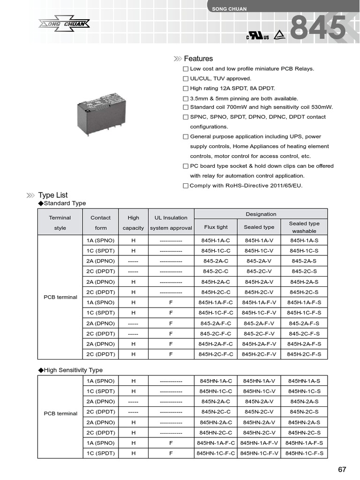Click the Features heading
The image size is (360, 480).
[x=198, y=59]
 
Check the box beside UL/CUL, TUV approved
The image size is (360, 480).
[x=186, y=79]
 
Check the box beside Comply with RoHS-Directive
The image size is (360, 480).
[x=186, y=186]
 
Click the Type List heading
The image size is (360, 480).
[x=53, y=195]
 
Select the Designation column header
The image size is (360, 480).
[x=261, y=214]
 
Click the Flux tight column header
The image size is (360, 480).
[x=216, y=227]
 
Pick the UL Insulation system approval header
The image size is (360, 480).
[x=171, y=223]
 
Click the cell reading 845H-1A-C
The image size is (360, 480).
[x=216, y=240]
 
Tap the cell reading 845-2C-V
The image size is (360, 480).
[x=259, y=271]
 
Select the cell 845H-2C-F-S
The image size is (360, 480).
[x=304, y=354]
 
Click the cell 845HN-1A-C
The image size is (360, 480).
[x=216, y=381]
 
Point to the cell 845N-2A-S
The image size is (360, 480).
[x=304, y=402]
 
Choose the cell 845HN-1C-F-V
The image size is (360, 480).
[x=259, y=453]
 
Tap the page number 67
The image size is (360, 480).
[x=342, y=469]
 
